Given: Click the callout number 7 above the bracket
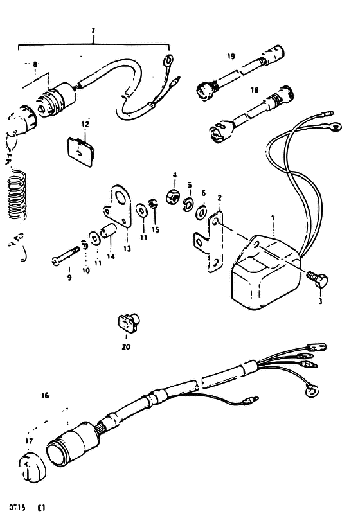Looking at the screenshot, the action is (x=93, y=31).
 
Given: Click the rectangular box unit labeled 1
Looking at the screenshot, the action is (x=266, y=273).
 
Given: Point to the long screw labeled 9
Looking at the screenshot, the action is (x=65, y=256).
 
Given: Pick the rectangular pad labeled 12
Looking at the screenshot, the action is (x=81, y=152).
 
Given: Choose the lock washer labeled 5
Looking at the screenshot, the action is (x=189, y=203).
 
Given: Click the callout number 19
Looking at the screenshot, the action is (x=231, y=57).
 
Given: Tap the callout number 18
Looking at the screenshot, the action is (x=255, y=90).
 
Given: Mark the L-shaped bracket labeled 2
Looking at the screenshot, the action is (x=209, y=241).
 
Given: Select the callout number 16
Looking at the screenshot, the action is (x=45, y=395).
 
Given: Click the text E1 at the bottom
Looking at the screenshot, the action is (x=41, y=508).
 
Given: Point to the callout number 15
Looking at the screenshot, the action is (x=156, y=229).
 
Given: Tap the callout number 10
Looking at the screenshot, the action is (x=85, y=271).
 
